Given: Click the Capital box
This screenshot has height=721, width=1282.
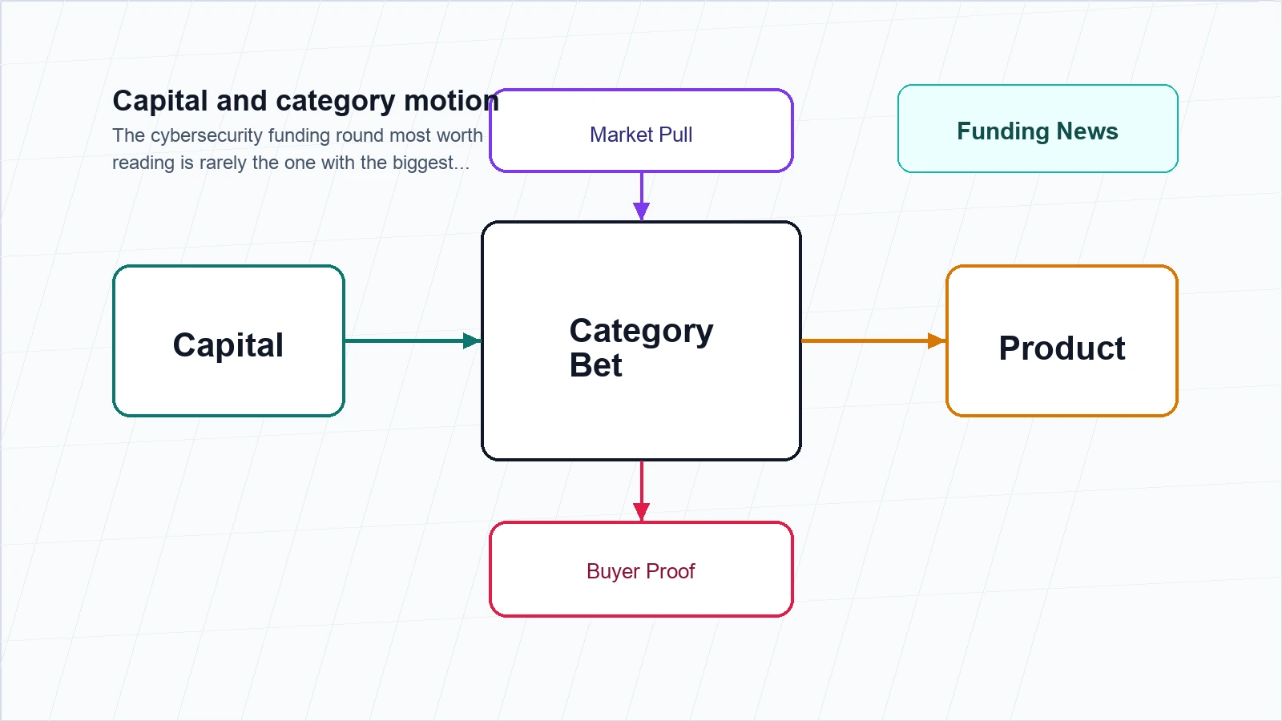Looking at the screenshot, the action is pos(228,340).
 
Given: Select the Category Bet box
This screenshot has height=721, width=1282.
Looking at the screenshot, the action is pos(641,340).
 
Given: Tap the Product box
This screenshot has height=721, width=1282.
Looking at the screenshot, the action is pos(1062,340).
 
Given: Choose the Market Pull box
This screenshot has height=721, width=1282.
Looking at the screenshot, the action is pos(641,131).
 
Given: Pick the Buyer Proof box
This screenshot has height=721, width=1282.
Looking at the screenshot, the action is pos(641,570).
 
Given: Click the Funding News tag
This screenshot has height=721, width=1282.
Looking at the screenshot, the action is pos(1038,129).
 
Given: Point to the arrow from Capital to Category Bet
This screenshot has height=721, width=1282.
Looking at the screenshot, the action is pos(413,340).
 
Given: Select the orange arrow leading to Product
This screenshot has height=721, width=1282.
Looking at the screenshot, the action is pos(873,340).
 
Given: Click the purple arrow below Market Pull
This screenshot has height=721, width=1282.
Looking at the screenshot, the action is pos(642,196).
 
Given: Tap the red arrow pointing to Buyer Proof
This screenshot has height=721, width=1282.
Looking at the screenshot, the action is pos(642,491).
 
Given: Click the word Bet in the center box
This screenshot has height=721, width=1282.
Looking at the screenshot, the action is pos(595,365).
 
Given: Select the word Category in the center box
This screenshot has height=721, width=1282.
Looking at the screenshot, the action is pos(641,332).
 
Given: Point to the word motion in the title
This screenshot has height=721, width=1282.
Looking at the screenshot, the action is pos(452,101).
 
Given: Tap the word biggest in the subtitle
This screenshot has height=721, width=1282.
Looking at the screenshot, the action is pos(430,163).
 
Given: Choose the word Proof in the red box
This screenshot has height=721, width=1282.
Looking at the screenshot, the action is pos(670,571).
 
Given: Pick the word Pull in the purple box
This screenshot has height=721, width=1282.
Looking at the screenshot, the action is pos(675,135).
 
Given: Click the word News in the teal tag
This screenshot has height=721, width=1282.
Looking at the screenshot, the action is pos(1086,131).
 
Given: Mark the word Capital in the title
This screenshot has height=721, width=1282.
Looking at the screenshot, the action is pos(159,102).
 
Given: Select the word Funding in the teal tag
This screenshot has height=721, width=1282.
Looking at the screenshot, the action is pos(1003,132).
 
